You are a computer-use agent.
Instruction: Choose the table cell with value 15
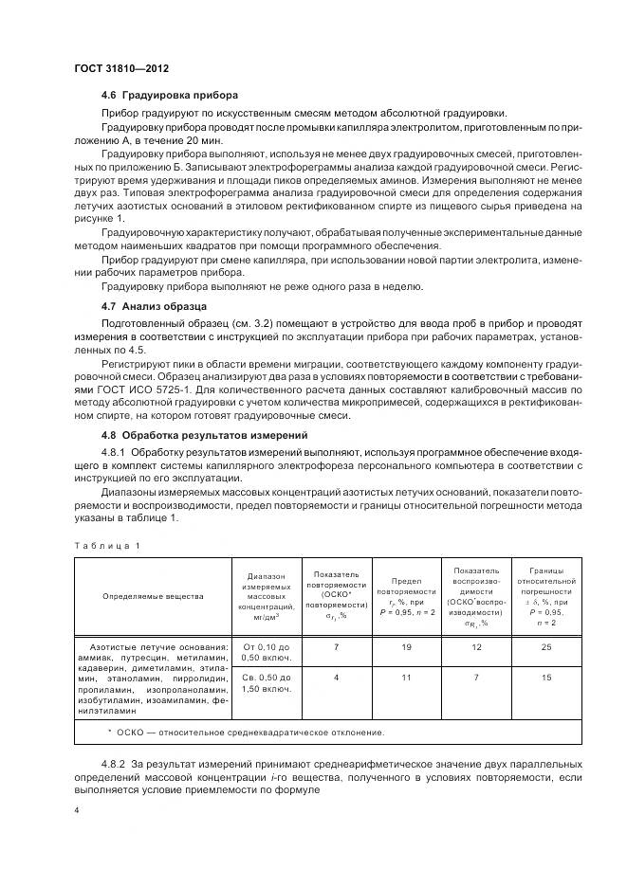(x=545, y=679)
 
